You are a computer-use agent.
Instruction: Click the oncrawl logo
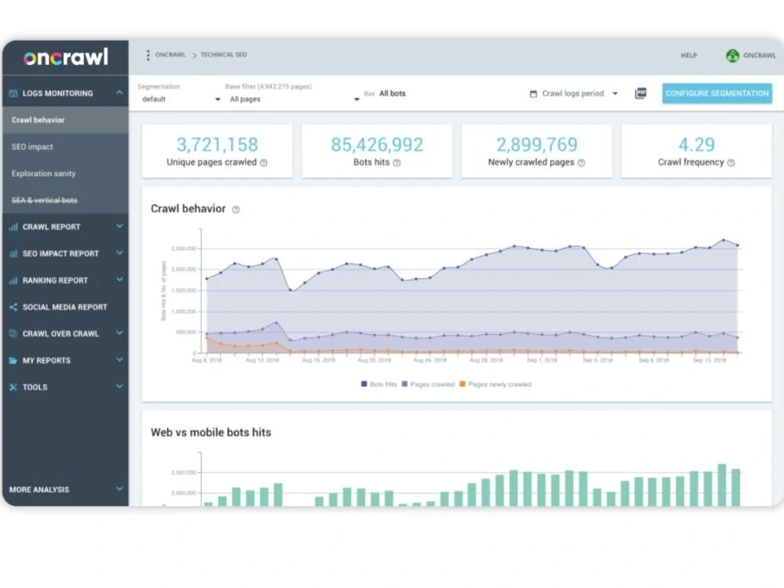point(65,58)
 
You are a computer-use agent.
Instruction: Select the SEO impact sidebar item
point(32,147)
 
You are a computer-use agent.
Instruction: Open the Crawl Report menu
point(52,227)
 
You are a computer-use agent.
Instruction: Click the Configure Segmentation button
point(717,93)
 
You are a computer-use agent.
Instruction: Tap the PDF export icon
point(641,93)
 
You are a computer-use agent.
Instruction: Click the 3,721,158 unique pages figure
point(217,144)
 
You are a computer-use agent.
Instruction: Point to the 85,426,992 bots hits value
point(376,144)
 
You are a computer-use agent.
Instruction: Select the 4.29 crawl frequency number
point(696,144)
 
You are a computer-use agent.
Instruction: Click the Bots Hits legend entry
point(379,384)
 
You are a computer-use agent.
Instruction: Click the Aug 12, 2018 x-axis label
point(263,361)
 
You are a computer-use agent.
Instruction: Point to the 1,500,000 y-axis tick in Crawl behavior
point(183,290)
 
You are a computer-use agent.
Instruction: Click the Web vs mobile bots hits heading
point(211,432)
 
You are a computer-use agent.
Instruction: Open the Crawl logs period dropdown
point(574,93)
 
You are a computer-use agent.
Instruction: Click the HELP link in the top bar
point(688,56)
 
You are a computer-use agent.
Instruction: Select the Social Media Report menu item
point(64,307)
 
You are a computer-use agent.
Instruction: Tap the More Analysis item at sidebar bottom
point(39,489)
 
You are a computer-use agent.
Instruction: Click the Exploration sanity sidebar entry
point(44,173)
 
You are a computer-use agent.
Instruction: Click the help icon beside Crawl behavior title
point(236,209)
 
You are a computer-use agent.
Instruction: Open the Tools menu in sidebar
point(34,387)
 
